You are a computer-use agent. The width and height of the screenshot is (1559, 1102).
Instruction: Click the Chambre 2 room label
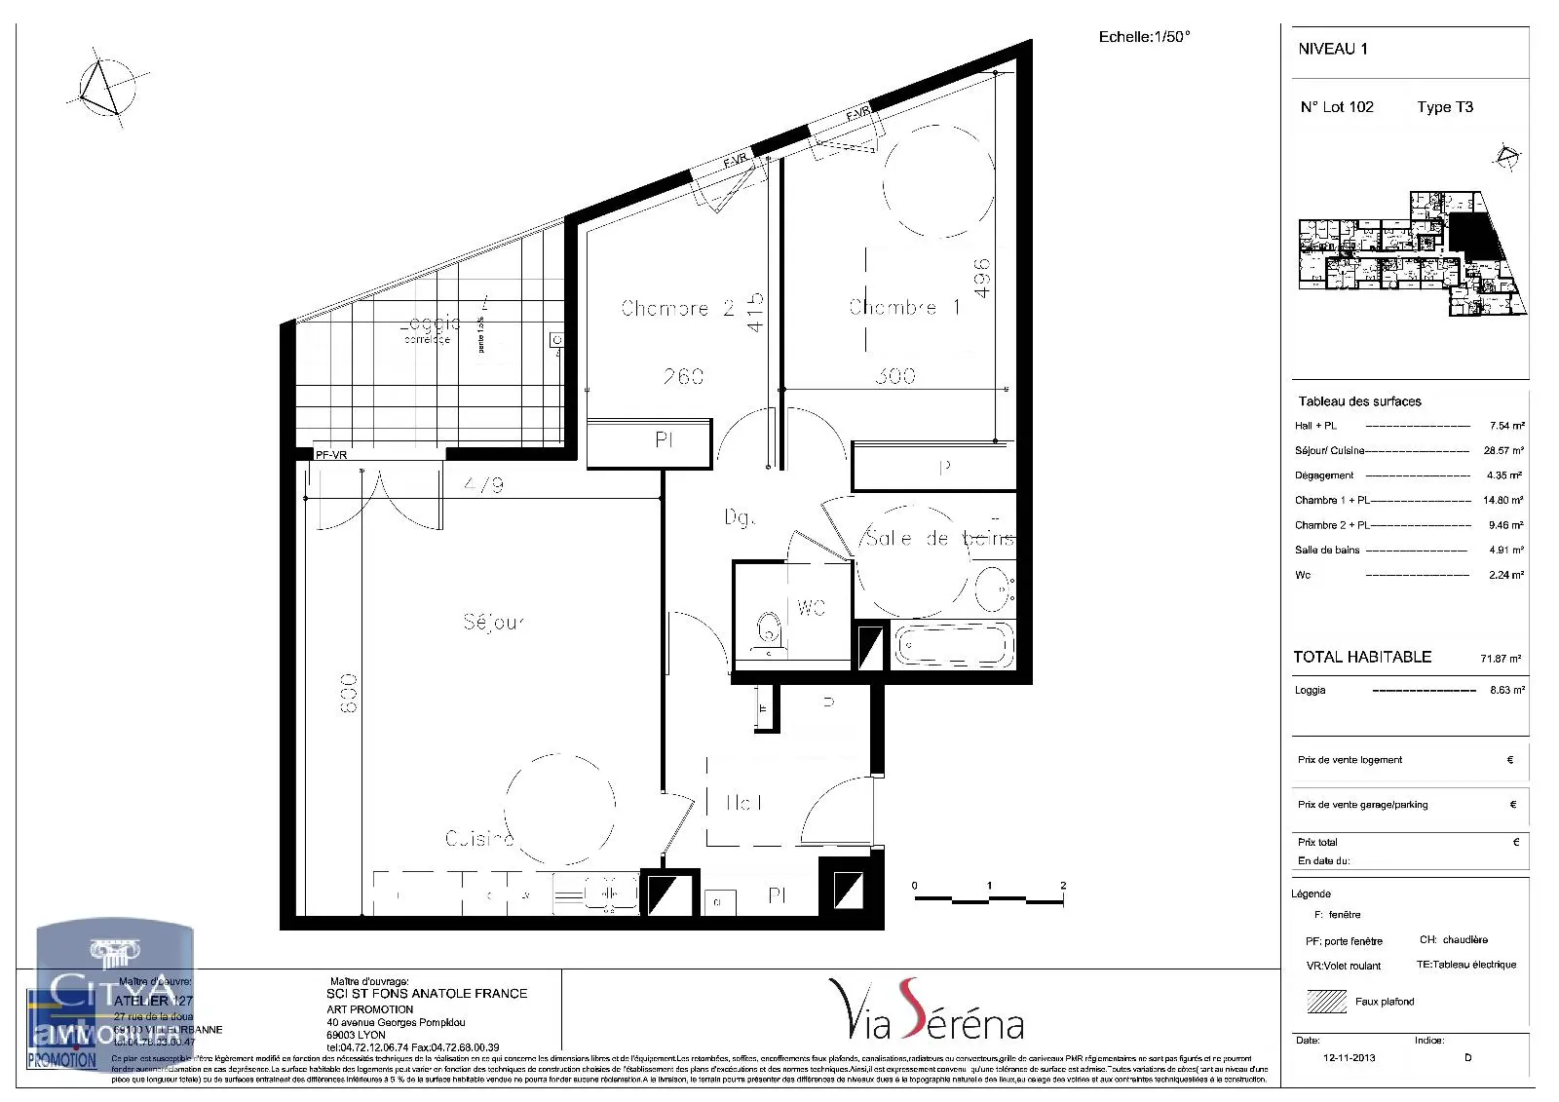[x=677, y=308]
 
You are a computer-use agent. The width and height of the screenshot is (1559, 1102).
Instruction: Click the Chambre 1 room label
[x=904, y=307]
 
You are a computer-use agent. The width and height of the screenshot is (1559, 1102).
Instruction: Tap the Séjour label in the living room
[x=494, y=622]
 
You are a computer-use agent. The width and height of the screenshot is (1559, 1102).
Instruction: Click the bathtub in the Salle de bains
[x=954, y=645]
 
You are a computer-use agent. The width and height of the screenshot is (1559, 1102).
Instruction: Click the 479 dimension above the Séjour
[x=483, y=484]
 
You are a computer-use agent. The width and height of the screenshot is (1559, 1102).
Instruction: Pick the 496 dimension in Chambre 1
[x=982, y=277]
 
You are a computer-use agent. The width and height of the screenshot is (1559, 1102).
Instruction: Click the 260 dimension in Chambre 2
[x=683, y=376]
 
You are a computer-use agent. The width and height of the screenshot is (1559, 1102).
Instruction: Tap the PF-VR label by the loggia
[x=331, y=455]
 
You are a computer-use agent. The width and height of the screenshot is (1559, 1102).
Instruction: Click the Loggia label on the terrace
[x=430, y=324]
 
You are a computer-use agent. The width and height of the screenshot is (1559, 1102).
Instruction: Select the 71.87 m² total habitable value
[x=1501, y=659]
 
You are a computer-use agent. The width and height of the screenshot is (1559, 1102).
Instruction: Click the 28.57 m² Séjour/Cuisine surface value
[x=1503, y=451]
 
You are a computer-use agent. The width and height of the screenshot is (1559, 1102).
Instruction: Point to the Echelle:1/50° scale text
[x=1144, y=37]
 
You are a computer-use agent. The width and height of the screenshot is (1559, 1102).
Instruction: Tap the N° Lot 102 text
[x=1337, y=107]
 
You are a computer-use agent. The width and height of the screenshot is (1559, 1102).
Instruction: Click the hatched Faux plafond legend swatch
[x=1325, y=1001]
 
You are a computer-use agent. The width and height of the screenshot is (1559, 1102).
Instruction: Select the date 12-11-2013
[x=1349, y=1057]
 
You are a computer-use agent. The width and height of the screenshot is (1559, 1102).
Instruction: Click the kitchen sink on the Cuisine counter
[x=595, y=893]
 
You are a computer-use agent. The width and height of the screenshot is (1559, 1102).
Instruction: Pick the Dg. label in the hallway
[x=739, y=517]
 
